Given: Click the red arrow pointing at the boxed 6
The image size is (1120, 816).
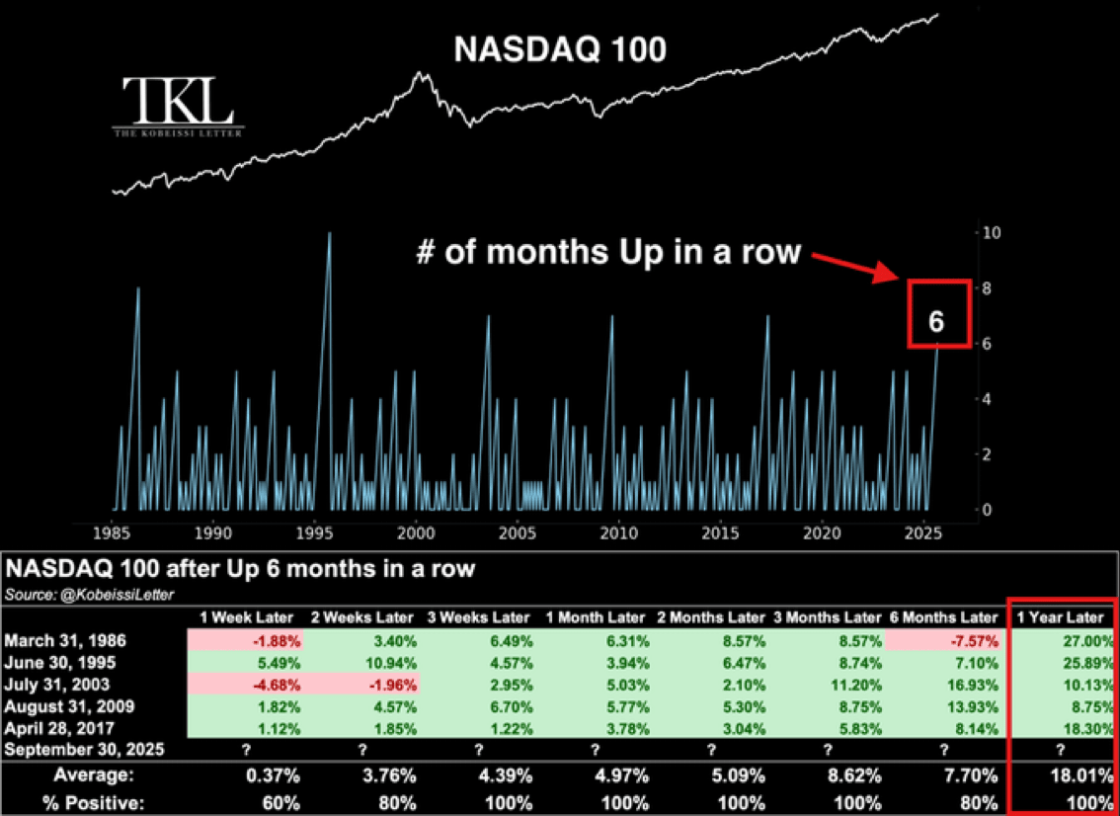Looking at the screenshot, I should tap(855, 264).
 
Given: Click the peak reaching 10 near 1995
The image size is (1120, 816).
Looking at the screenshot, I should tap(329, 234).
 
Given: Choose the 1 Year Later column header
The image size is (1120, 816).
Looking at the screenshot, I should tap(1062, 617).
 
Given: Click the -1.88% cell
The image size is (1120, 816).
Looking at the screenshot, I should tap(277, 640).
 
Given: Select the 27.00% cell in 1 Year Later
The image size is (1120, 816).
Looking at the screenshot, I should tap(1086, 640).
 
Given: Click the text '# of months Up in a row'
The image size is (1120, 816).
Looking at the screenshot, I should tap(606, 251).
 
